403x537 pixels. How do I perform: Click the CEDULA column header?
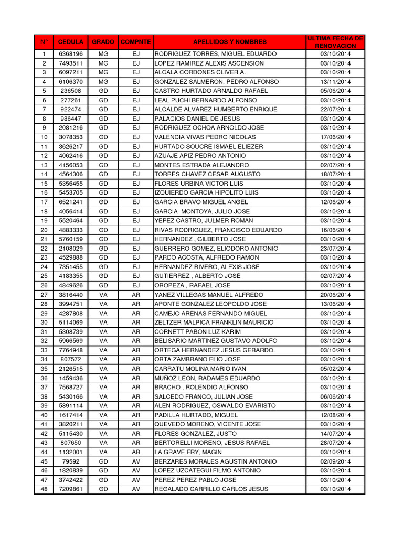pos(70,42)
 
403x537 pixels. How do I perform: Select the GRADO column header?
pos(103,42)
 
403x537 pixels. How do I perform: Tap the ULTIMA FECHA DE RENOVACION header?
pos(336,42)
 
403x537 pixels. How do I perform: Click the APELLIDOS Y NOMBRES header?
pos(230,42)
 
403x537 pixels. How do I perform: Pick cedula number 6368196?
pos(70,54)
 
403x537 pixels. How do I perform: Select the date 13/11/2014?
pos(336,82)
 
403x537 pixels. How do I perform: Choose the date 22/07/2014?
pos(336,109)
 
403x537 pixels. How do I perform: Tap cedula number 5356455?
pos(70,184)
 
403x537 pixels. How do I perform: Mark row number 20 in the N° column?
pos(44,230)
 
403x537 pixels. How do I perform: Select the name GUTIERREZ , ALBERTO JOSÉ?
pos(198,276)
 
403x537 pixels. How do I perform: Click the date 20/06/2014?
pos(336,295)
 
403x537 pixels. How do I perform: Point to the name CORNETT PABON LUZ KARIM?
pos(198,332)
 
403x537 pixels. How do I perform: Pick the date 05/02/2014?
pos(336,369)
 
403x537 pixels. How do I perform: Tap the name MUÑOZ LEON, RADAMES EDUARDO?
pos(207,378)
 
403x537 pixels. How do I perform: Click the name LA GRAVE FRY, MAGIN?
pos(188,452)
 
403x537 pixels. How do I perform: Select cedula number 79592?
pos(70,461)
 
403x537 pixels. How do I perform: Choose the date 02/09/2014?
pos(336,461)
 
